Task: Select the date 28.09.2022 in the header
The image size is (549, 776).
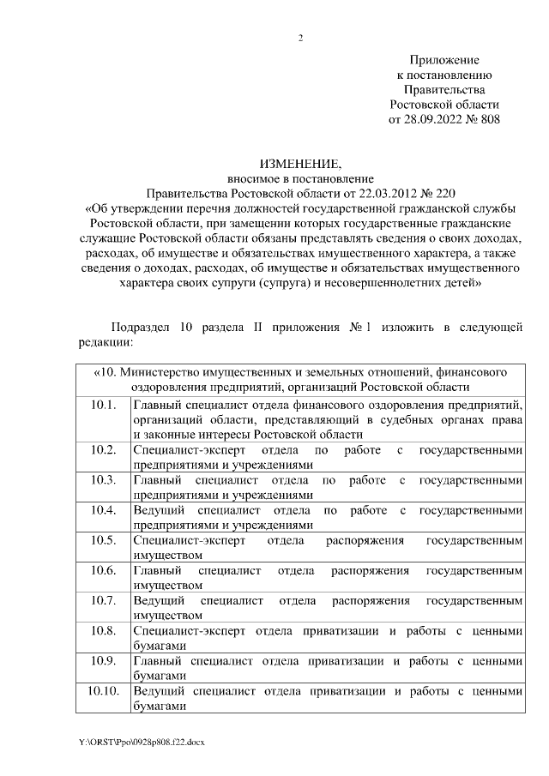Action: (431, 120)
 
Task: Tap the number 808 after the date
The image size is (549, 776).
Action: (486, 120)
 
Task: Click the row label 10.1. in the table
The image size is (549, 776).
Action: (102, 404)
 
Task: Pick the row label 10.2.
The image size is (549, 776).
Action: (102, 449)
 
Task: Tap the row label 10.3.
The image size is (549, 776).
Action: (102, 479)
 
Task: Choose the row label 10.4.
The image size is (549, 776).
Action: (102, 510)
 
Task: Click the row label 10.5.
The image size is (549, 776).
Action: (102, 540)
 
